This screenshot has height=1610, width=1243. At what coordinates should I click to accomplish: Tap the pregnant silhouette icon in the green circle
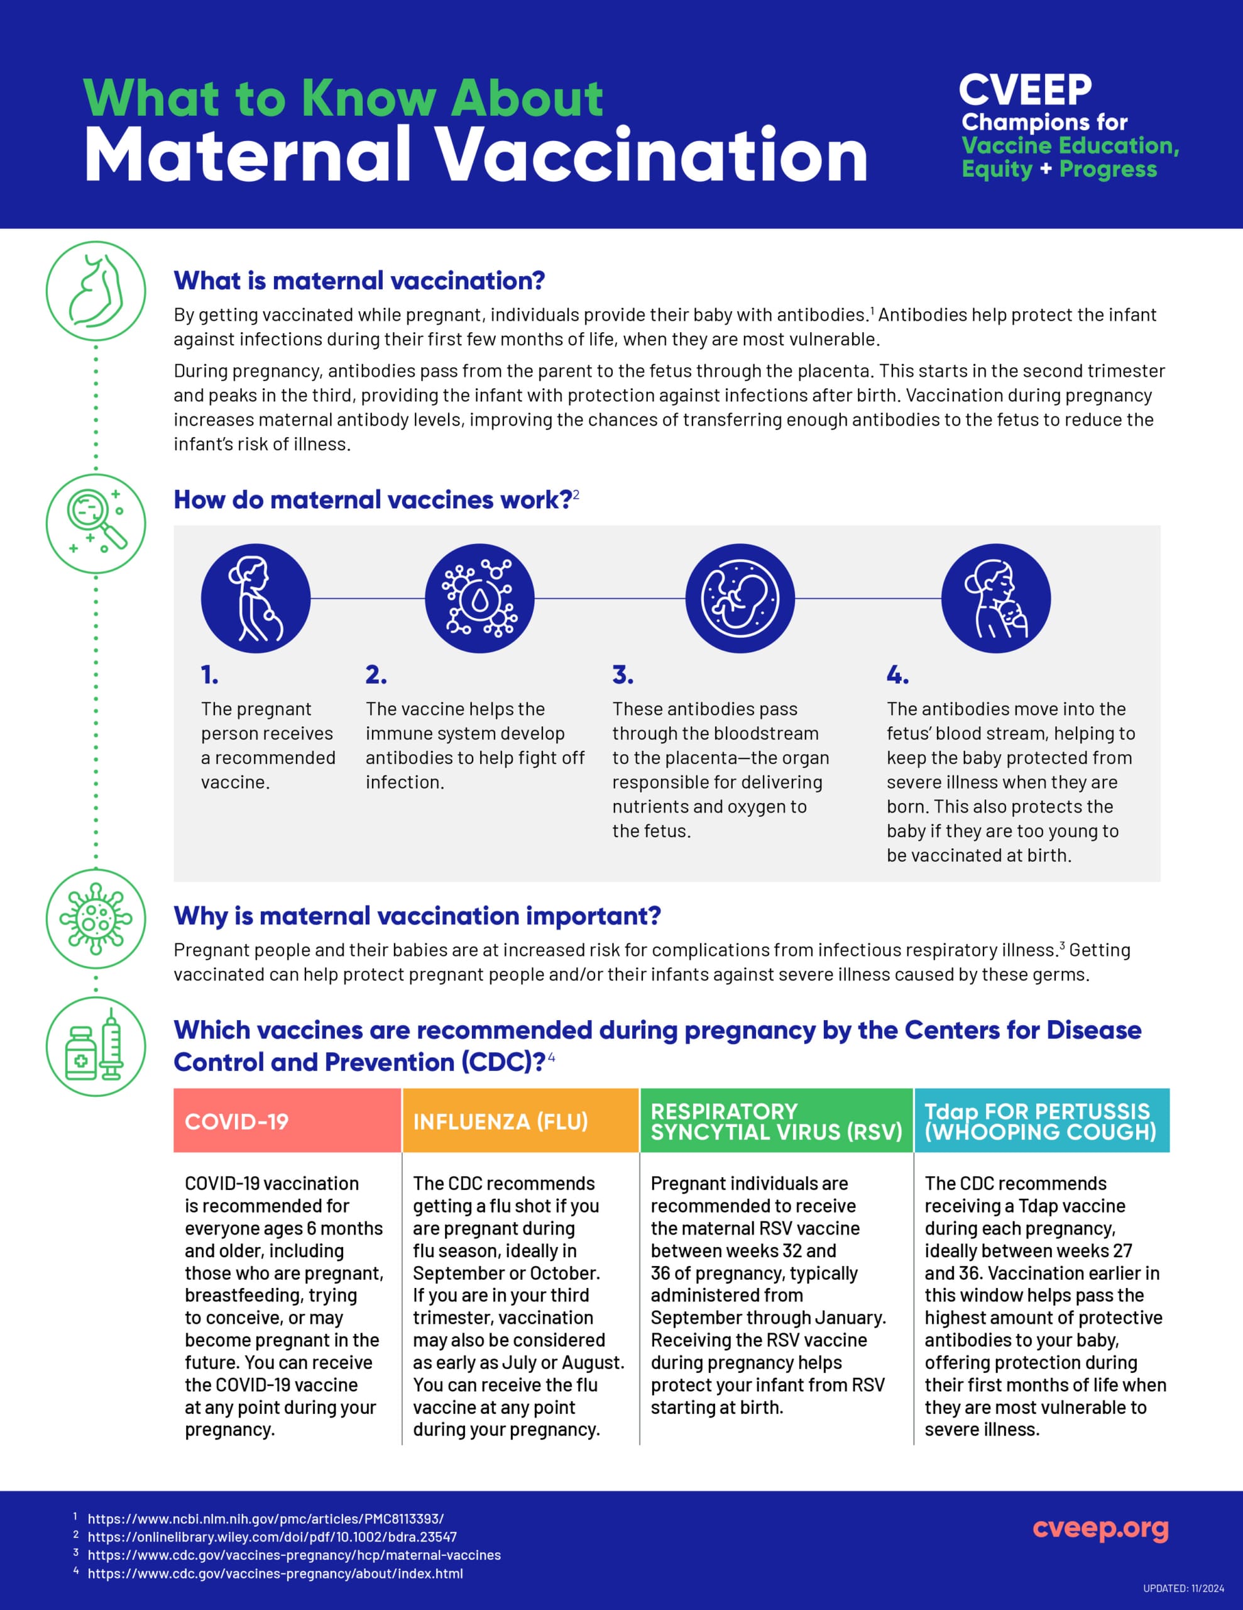click(96, 291)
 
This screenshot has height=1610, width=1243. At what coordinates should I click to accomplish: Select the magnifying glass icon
click(96, 523)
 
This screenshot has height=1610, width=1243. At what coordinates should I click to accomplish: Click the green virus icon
click(96, 919)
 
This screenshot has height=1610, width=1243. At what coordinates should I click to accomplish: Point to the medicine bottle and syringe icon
click(96, 1046)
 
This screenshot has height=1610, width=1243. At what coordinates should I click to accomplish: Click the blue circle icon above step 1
click(256, 598)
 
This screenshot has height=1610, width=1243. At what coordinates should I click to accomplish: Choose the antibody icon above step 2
click(479, 598)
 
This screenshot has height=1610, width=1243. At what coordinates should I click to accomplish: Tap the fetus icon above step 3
click(740, 598)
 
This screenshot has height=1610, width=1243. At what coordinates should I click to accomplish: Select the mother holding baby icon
click(995, 598)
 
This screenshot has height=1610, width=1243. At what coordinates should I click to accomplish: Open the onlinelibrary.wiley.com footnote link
click(272, 1537)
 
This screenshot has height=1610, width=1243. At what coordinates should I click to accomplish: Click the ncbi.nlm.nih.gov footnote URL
click(265, 1519)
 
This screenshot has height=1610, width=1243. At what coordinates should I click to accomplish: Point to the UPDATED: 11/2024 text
click(1183, 1588)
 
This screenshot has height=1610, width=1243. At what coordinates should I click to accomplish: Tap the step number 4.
click(897, 675)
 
